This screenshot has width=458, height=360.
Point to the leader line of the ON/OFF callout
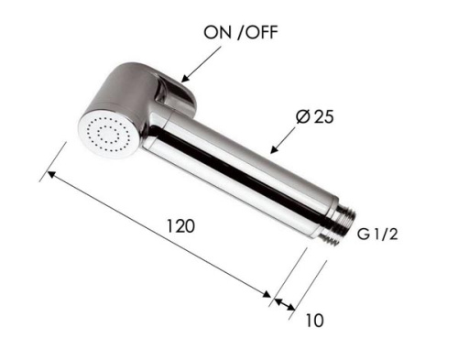(203, 63)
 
